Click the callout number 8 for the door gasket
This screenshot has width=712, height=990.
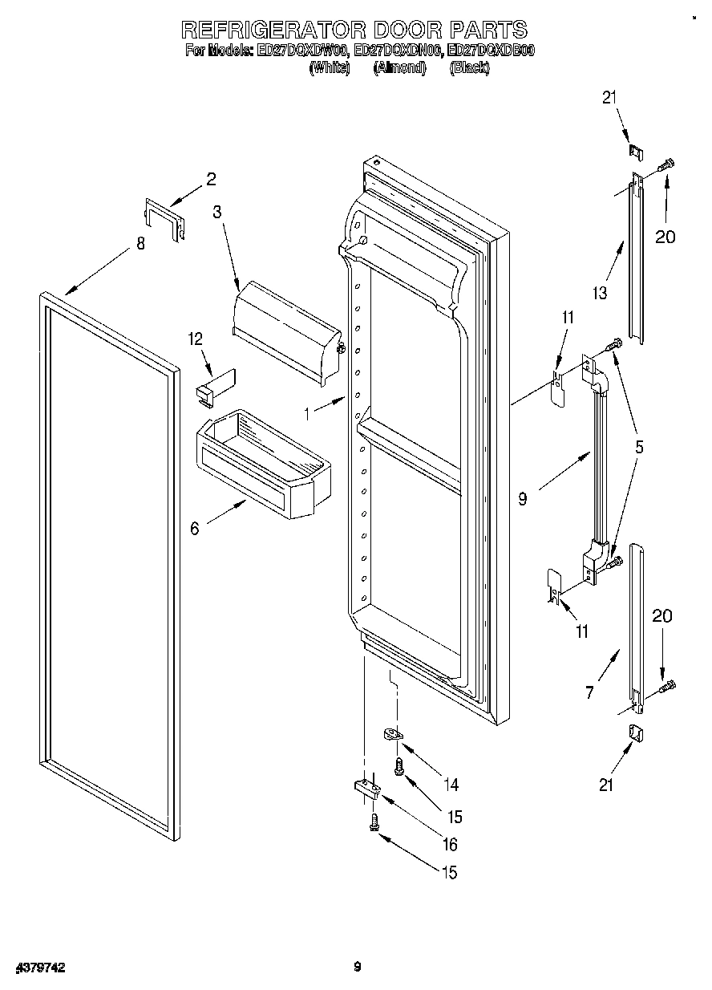pos(140,244)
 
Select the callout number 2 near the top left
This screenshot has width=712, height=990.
pos(211,180)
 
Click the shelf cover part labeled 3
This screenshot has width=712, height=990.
pos(285,329)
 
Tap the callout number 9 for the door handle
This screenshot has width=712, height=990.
pos(523,499)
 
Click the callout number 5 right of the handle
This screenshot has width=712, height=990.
pos(638,448)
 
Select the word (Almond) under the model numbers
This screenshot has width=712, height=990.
pos(398,68)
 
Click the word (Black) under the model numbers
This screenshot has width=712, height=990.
pos(470,68)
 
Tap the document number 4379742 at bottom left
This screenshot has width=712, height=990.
pos(38,968)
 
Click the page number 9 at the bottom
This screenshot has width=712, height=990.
pos(357,967)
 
